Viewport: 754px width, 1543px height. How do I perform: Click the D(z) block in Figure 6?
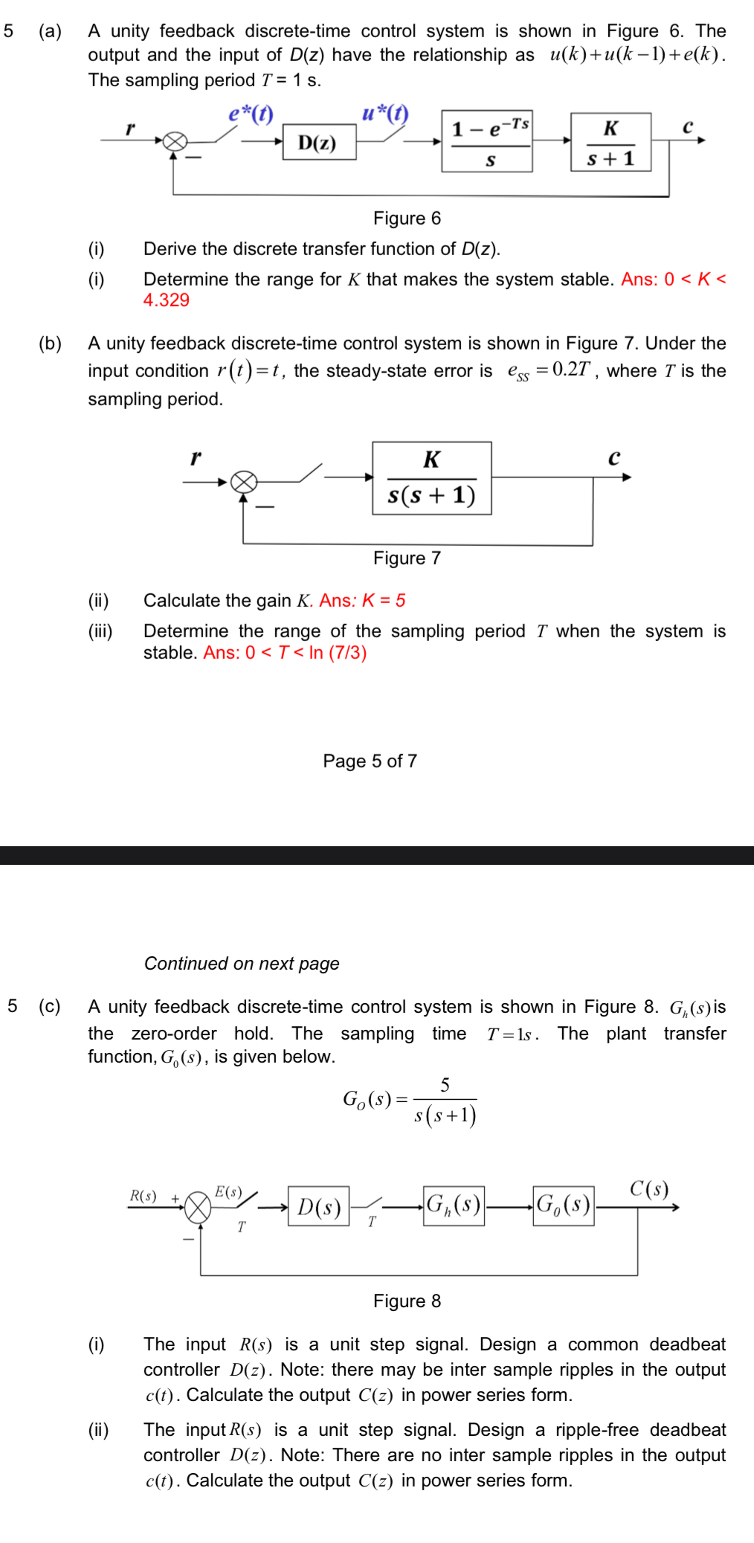(x=319, y=142)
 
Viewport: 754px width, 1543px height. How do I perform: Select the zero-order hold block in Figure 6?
(x=487, y=141)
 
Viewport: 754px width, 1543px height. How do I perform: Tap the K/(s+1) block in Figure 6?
(x=610, y=142)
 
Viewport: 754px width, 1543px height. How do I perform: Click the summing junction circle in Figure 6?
(x=175, y=141)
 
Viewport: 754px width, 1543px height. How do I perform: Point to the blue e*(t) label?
(x=251, y=114)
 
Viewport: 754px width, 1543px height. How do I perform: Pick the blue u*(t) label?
(x=385, y=113)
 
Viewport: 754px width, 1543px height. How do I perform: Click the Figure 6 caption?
(x=407, y=218)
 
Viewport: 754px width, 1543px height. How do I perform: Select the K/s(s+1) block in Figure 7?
(x=432, y=478)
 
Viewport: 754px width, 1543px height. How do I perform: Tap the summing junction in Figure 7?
(x=244, y=482)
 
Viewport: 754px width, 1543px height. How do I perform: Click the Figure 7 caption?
(x=407, y=558)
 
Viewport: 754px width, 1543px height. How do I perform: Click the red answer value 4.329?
(x=167, y=300)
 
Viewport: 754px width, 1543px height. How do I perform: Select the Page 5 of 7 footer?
(x=370, y=761)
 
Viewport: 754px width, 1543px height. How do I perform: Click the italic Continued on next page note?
(x=242, y=963)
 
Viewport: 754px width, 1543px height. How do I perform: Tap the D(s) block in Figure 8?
(x=319, y=1206)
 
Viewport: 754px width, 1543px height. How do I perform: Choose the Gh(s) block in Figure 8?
(x=454, y=1205)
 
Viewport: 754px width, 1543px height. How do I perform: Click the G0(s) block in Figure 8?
(x=564, y=1205)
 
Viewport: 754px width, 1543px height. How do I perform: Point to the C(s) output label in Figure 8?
(x=648, y=1188)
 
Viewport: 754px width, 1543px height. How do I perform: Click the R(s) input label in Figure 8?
(x=143, y=1196)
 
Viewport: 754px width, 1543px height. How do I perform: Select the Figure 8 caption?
(x=407, y=1301)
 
